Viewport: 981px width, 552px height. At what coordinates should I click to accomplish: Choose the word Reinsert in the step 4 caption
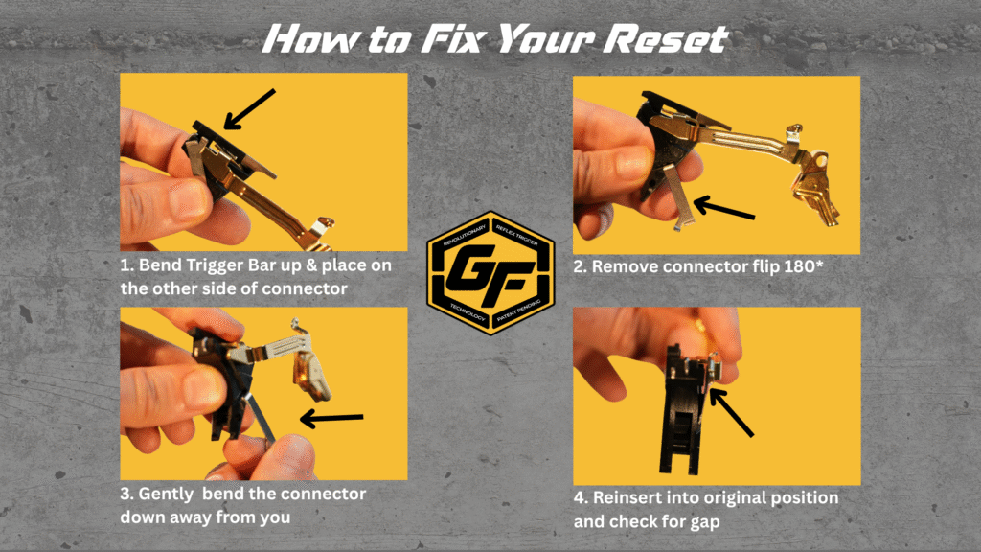[633, 498]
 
